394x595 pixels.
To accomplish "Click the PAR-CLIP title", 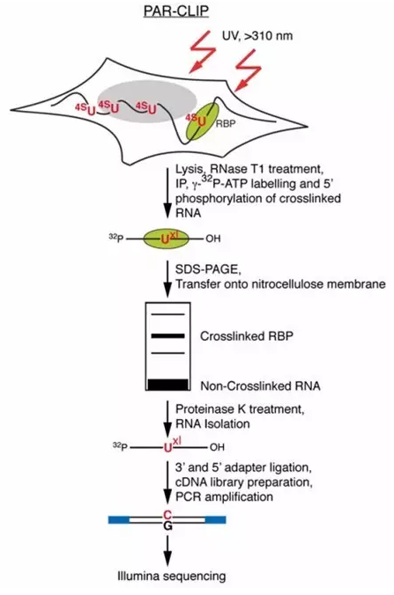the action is point(176,11).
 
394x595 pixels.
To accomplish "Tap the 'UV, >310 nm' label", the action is point(257,36).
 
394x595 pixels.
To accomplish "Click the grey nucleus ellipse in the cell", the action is point(147,101).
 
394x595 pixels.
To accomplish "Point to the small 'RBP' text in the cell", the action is point(226,123).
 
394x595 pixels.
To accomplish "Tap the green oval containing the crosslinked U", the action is point(166,239).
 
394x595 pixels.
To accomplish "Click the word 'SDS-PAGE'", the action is point(207,269).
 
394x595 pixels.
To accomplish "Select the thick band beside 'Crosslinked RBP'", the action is point(168,336).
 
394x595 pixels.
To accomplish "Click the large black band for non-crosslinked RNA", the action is point(168,385).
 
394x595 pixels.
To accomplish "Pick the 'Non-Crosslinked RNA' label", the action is point(260,386).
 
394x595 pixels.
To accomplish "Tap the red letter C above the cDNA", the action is point(167,515).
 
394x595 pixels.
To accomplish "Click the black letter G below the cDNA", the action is point(168,526).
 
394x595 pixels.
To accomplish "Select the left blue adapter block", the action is point(119,519).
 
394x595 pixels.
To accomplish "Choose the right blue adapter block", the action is point(215,519).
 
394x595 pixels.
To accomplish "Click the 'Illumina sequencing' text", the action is point(171,576).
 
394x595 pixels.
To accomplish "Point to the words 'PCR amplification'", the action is point(224,496).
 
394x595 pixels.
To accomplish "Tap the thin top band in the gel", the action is point(168,314).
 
